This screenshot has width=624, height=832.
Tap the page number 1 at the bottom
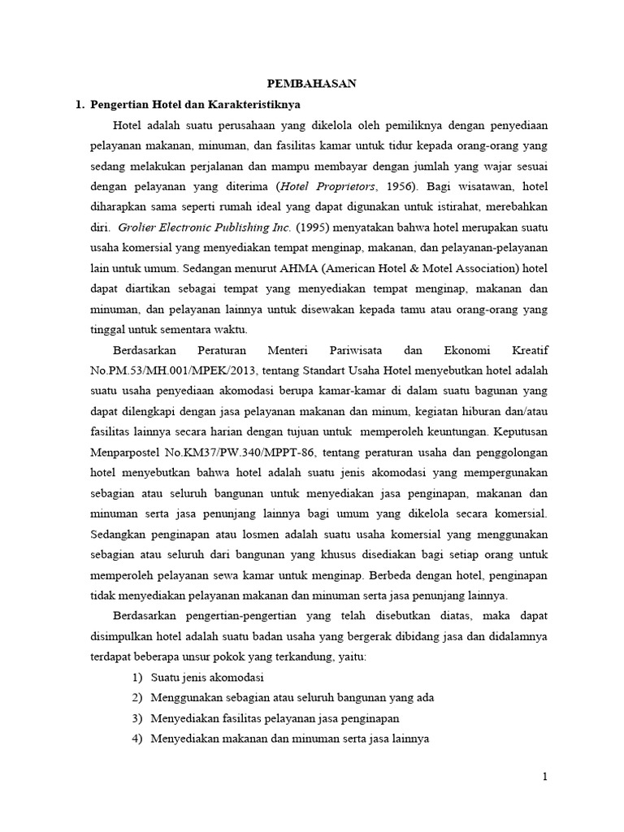[545, 777]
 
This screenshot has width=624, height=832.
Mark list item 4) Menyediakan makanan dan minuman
[280, 739]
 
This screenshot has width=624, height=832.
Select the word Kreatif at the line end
[529, 350]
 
